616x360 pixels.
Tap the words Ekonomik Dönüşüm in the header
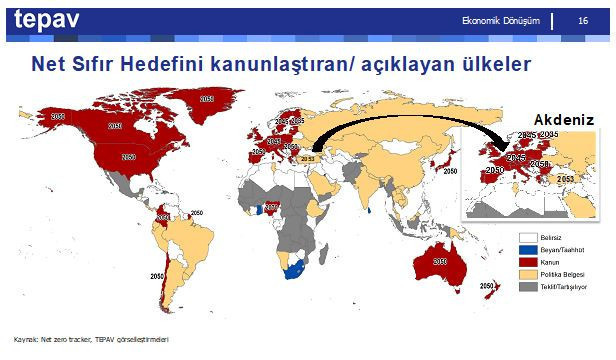(x=502, y=21)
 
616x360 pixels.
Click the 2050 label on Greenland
(x=206, y=100)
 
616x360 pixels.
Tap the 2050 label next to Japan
(x=451, y=171)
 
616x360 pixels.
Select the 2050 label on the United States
(x=128, y=157)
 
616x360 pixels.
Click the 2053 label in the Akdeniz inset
(x=565, y=178)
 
